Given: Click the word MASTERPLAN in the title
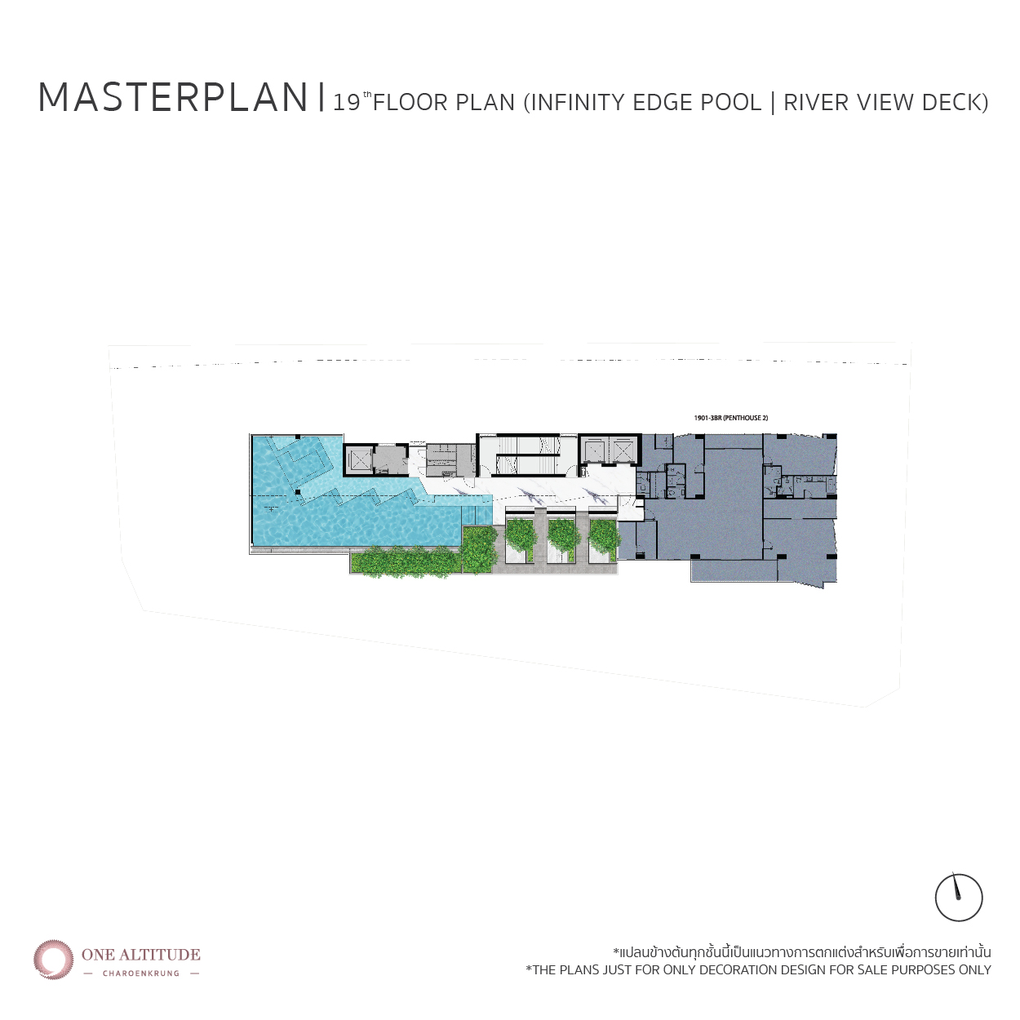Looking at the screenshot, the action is (x=173, y=98).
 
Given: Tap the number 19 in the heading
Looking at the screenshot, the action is (x=347, y=103).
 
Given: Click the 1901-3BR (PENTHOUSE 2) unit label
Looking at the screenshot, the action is (x=730, y=418).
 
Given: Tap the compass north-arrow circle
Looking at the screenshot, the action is (x=959, y=898).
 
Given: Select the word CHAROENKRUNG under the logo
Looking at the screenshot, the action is (x=141, y=973).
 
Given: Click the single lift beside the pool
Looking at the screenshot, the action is (x=358, y=460).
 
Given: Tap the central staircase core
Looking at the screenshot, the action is (x=527, y=455).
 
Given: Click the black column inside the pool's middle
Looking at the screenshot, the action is (x=298, y=492).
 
